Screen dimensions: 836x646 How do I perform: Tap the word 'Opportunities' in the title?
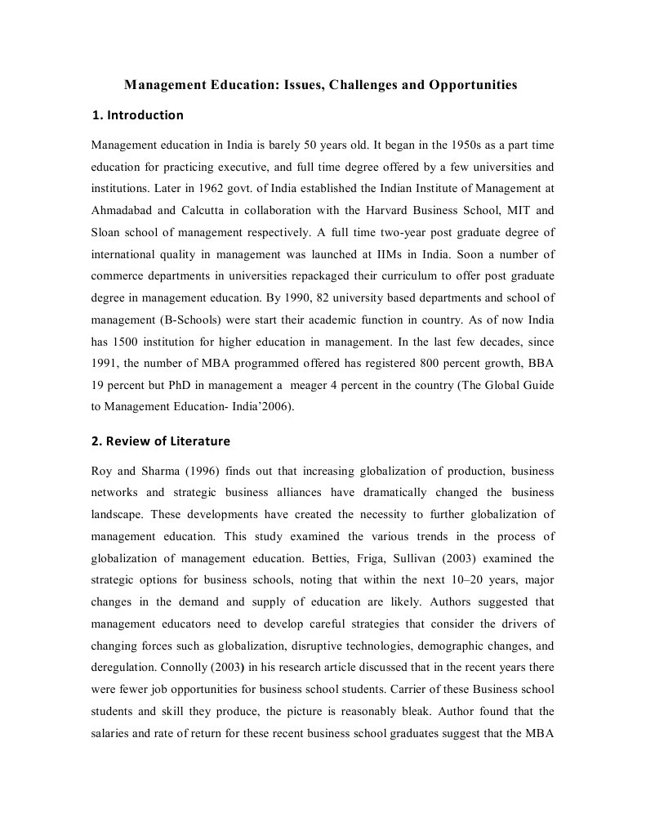[473, 84]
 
